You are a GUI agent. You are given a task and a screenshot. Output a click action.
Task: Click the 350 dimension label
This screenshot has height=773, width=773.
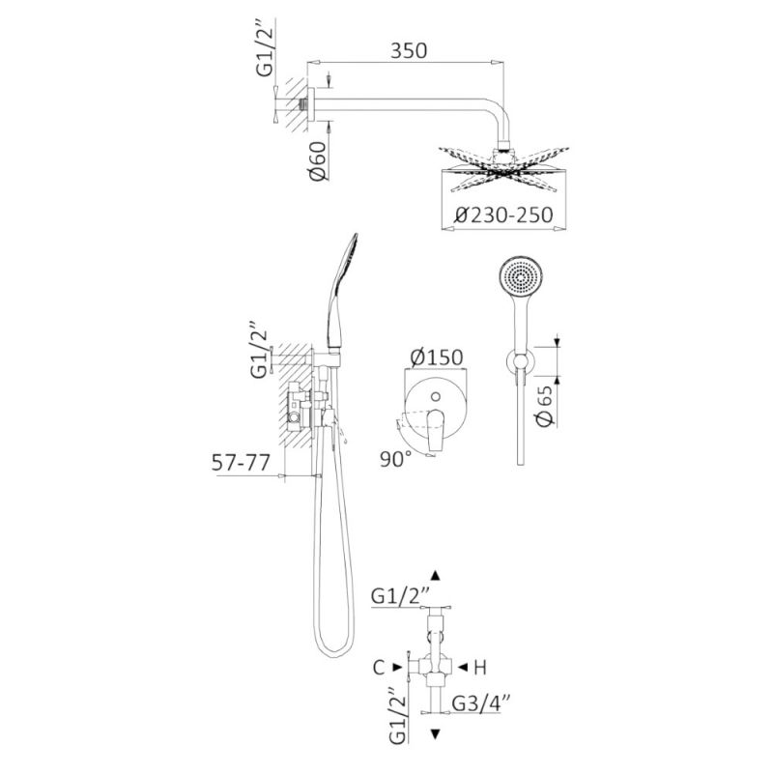click(409, 51)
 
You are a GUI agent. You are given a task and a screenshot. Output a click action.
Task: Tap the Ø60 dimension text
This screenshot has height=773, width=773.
click(319, 160)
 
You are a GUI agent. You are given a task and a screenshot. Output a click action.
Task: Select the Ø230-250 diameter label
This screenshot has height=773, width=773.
click(503, 215)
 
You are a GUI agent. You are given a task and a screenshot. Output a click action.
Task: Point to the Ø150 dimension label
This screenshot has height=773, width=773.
click(437, 358)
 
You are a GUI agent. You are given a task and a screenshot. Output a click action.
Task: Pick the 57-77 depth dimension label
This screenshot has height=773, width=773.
click(241, 463)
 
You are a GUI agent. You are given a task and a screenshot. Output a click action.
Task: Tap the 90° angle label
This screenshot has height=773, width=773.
click(395, 460)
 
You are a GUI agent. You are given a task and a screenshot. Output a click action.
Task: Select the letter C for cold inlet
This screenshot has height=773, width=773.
click(379, 668)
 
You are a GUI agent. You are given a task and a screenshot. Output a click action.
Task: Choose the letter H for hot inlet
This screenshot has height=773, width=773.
click(480, 668)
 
